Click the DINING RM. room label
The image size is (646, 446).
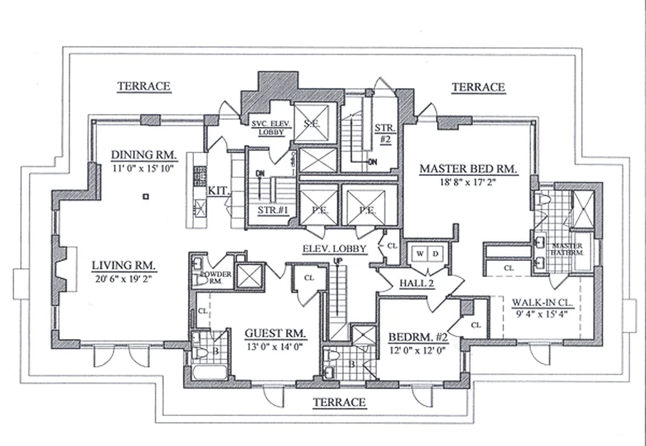[x=144, y=154]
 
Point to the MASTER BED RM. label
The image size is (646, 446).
[x=469, y=168]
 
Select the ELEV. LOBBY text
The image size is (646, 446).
[x=334, y=249]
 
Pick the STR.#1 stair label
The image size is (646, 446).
[x=273, y=210]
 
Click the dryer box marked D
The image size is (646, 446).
[x=436, y=254]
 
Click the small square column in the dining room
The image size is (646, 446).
[x=145, y=196]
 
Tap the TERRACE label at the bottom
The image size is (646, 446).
[x=339, y=402]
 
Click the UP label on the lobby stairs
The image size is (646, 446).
[x=336, y=261]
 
